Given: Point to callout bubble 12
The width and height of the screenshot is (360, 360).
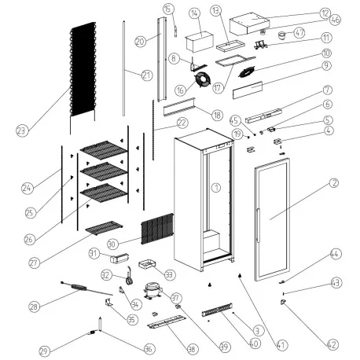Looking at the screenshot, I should click(325, 13).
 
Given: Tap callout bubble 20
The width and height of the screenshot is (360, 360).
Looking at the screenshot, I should click(140, 41).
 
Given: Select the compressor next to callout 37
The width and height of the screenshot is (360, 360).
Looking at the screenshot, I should click(153, 292).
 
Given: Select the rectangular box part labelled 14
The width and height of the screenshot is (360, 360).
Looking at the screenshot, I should click(198, 40).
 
